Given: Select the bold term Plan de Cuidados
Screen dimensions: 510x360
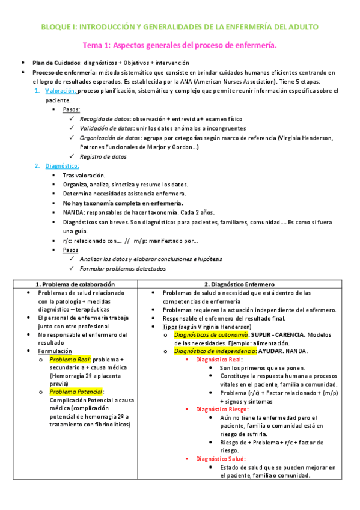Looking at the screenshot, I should coord(56,63).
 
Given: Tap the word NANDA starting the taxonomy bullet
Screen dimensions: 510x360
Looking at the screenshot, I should coord(73,212).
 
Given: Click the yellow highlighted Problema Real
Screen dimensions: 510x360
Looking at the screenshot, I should coord(68,359).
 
